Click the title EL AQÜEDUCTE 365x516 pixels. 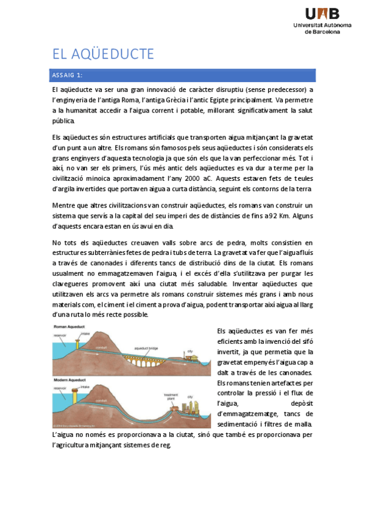(103, 55)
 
